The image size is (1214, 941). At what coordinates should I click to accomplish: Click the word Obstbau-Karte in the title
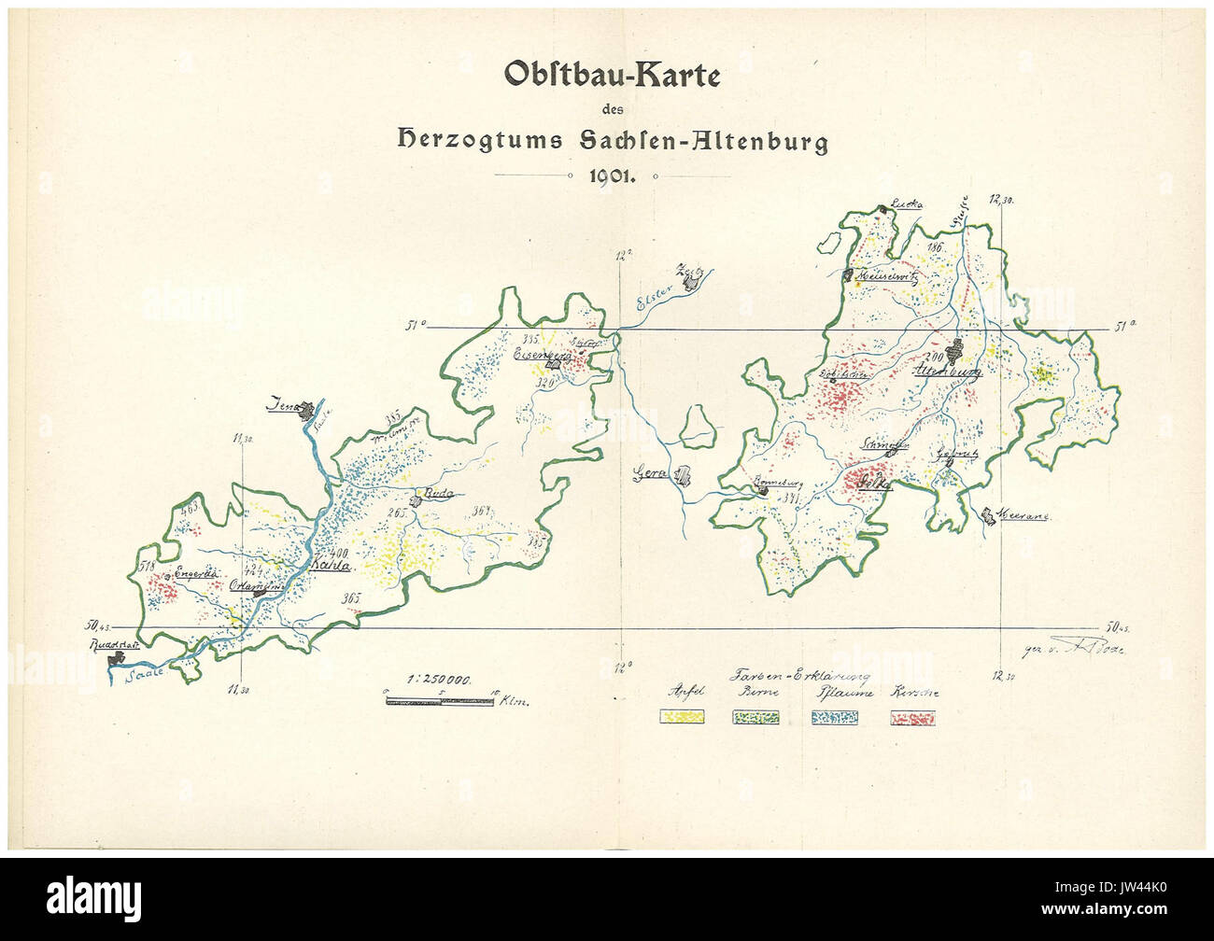point(612,75)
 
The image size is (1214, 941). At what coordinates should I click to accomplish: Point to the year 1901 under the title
point(612,177)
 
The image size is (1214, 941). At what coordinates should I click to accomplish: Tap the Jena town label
point(281,406)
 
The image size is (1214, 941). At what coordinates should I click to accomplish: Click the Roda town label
point(438,492)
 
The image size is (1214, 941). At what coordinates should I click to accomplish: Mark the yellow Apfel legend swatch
point(682,718)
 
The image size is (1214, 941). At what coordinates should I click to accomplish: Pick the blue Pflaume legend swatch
point(834,718)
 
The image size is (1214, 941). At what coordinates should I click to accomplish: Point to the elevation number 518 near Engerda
point(146,565)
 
